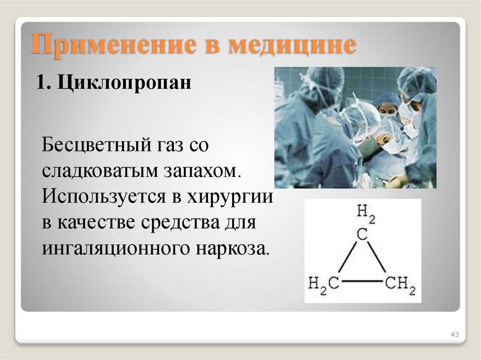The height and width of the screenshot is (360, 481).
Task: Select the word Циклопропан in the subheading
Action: (x=125, y=84)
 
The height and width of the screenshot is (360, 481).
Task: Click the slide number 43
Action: (x=454, y=334)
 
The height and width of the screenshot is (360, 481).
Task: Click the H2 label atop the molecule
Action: (x=366, y=213)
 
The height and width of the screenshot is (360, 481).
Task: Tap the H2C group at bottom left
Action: (x=323, y=283)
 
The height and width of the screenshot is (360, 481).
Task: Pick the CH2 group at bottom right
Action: (x=400, y=283)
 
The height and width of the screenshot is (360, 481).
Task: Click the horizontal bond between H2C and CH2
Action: (x=362, y=282)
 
